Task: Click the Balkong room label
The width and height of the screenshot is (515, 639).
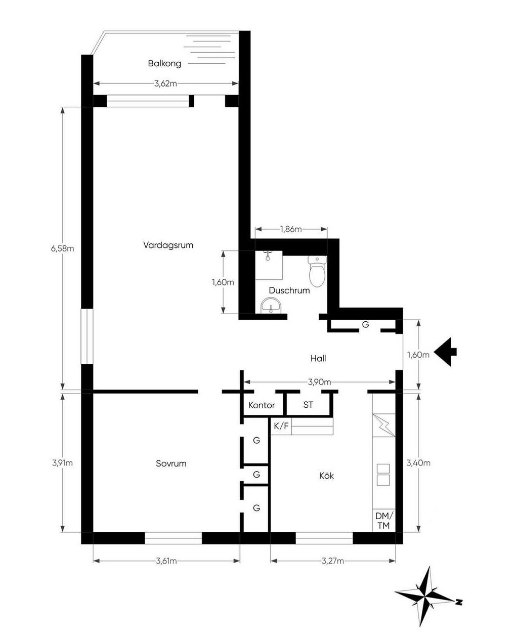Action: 164,64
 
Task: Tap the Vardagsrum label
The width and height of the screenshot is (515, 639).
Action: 168,245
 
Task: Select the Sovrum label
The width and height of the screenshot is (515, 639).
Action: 171,463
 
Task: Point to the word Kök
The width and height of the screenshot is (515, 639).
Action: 326,476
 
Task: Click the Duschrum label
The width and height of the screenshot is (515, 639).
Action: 289,290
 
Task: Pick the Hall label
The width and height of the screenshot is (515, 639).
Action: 318,358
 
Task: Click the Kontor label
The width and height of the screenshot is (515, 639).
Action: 262,405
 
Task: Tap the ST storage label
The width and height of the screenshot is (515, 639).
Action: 308,405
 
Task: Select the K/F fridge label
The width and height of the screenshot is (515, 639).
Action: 281,427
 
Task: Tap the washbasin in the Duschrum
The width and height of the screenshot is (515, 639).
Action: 271,306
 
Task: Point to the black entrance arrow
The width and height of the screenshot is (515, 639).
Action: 445,352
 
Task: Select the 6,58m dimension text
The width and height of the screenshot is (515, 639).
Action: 62,248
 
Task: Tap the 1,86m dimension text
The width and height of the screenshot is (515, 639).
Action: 291,229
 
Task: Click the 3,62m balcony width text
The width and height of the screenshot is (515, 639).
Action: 165,84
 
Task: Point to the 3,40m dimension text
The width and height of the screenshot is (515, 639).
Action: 418,462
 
